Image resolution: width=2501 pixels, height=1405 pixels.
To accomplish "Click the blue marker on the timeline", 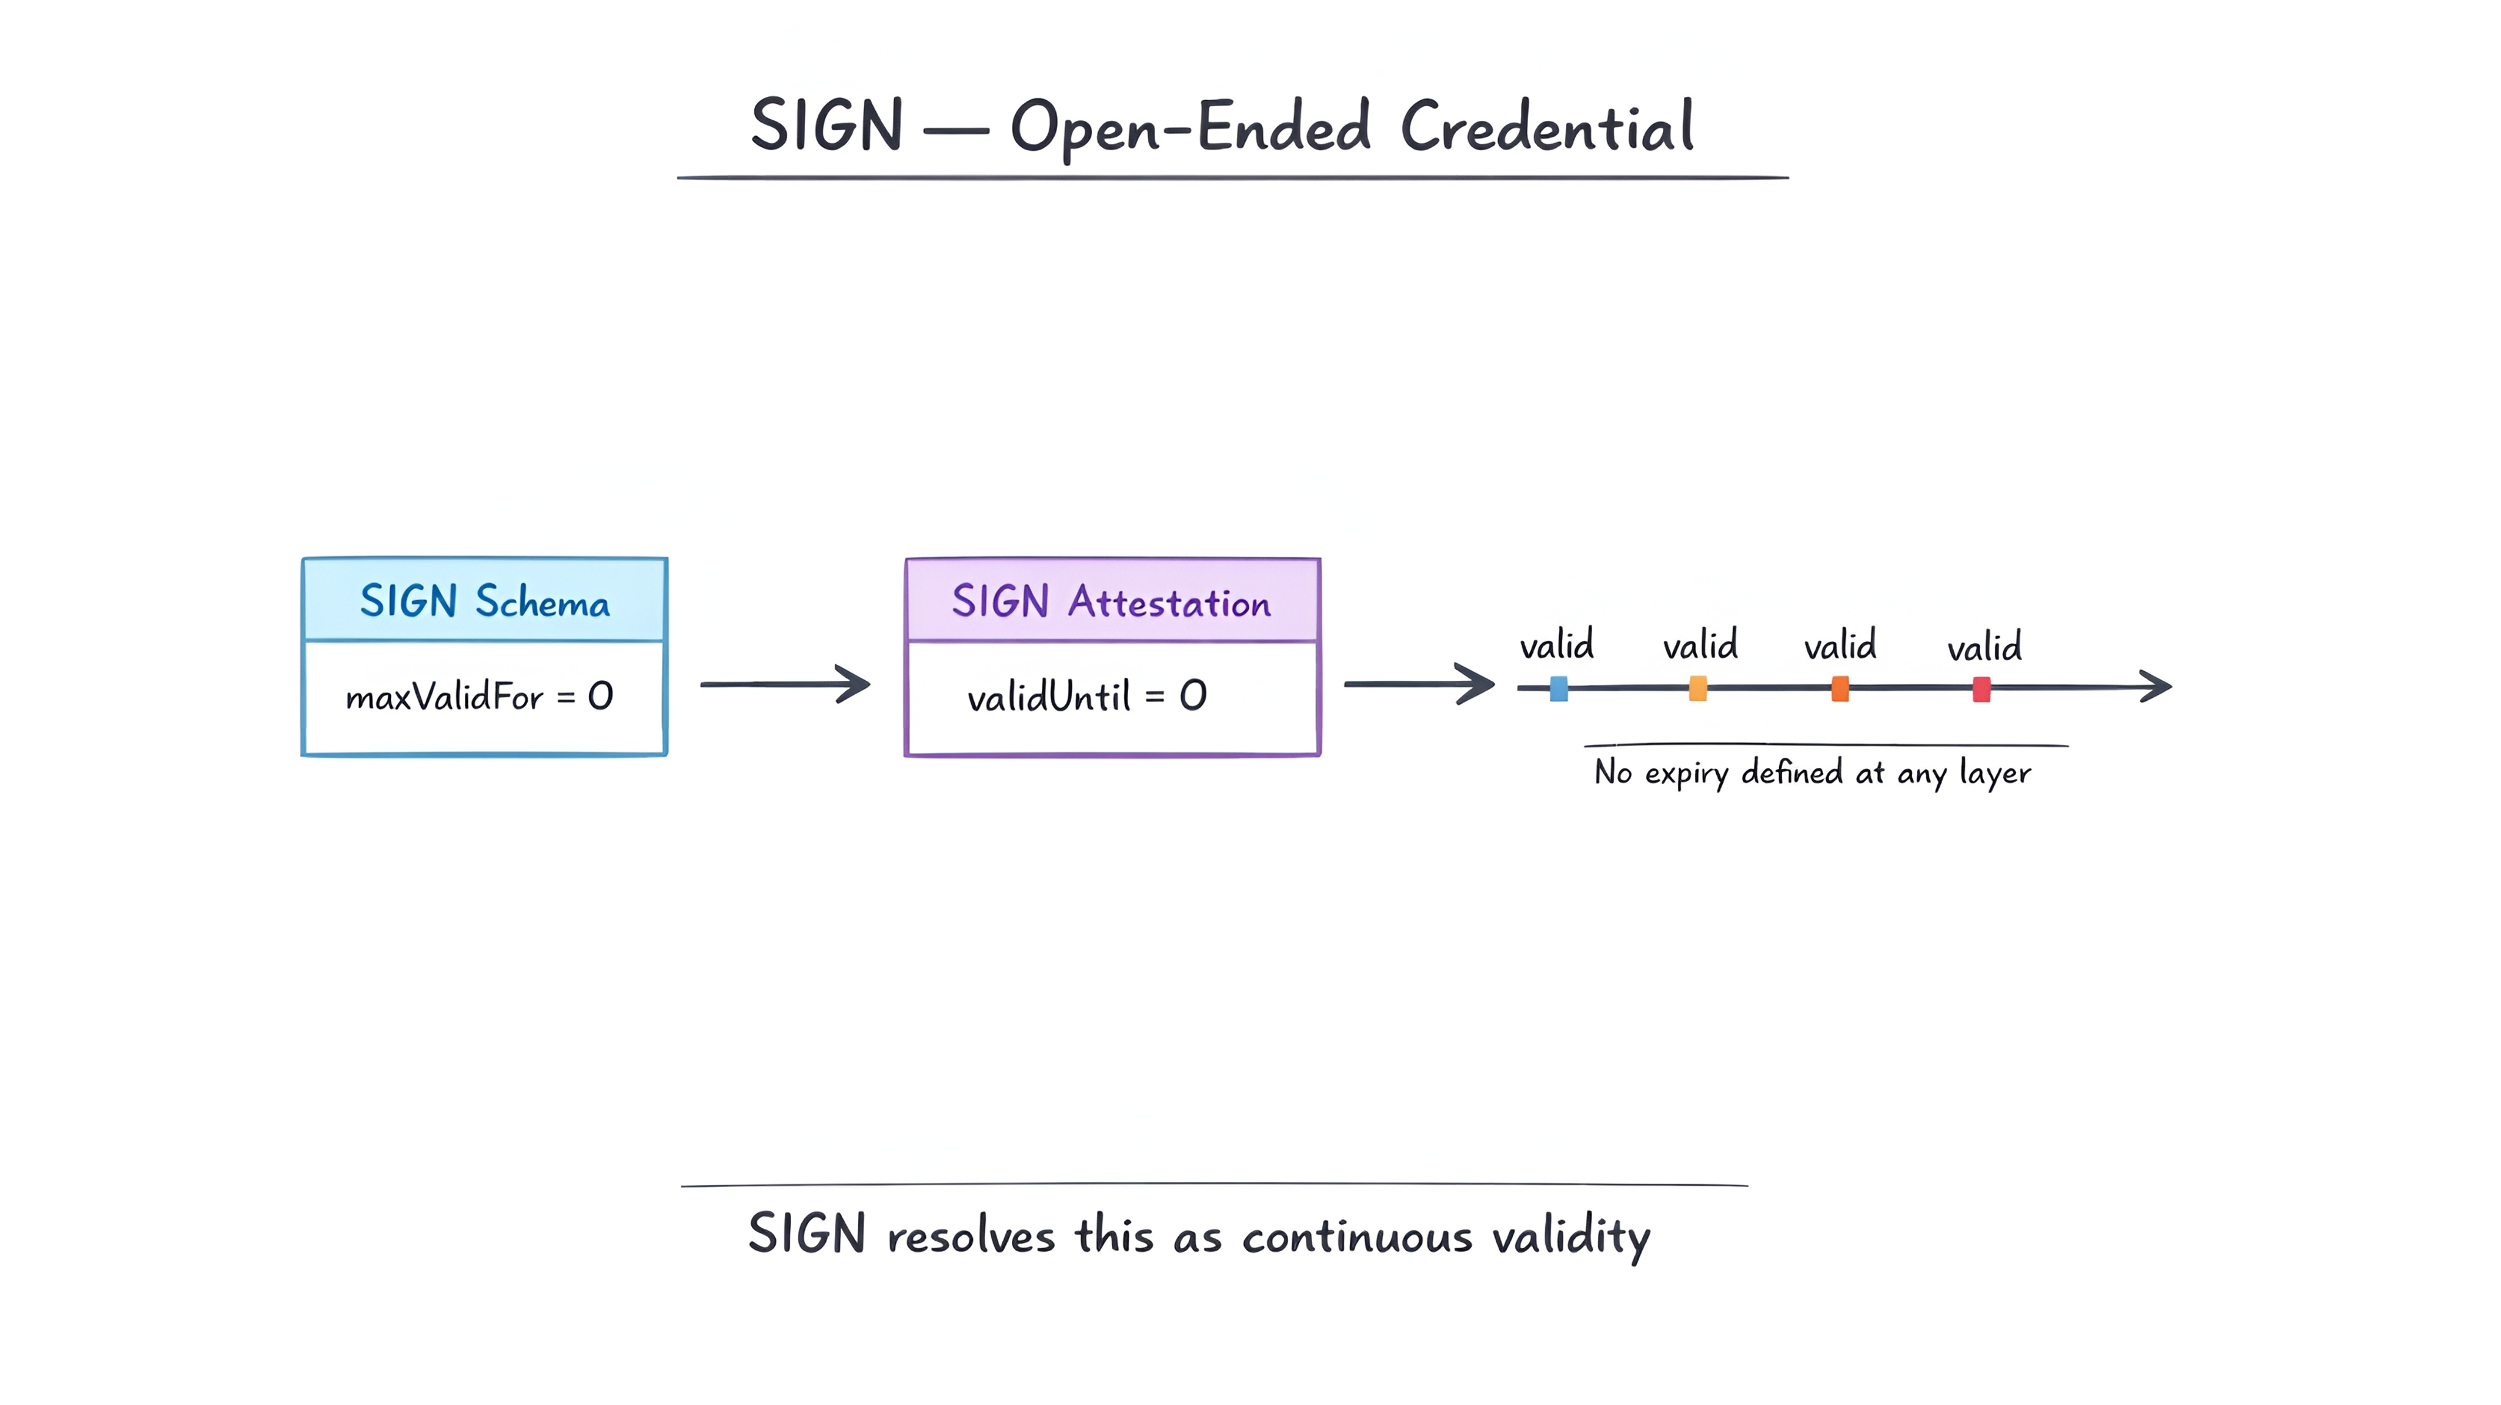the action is click(x=1558, y=688).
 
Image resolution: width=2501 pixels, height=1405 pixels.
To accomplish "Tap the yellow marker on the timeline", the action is click(x=1698, y=688).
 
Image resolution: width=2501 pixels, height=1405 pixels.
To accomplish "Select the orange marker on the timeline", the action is click(x=1840, y=688).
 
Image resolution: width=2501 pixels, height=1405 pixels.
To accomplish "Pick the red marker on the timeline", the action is click(x=1982, y=689).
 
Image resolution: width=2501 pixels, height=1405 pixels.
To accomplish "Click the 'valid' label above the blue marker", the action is click(x=1556, y=645).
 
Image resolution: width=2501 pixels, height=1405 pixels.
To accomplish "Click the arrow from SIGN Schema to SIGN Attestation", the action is click(x=784, y=684).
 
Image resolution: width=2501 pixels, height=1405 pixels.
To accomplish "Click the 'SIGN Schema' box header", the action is click(x=484, y=600).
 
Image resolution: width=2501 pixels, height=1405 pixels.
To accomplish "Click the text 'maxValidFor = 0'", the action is click(x=479, y=696).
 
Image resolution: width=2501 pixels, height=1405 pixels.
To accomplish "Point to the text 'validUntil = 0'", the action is click(x=1087, y=696).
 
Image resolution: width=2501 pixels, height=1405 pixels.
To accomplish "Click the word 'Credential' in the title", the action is click(x=1548, y=126).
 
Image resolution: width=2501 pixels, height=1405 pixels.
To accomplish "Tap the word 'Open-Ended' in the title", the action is click(x=1190, y=128).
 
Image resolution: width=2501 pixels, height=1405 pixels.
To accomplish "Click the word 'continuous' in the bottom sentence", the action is click(x=1357, y=1238).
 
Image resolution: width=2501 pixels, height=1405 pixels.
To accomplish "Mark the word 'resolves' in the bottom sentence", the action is click(x=971, y=1236).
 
